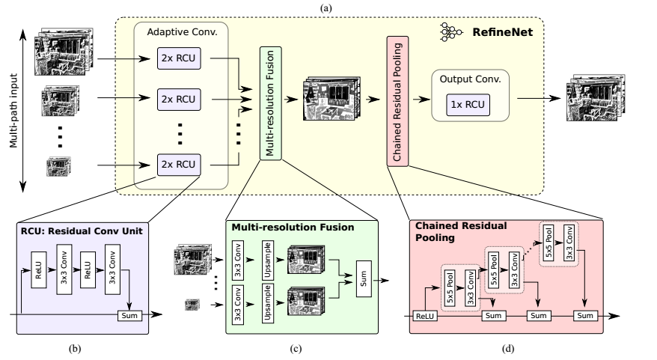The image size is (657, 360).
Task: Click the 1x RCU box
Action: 468,105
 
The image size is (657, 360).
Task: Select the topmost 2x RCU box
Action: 179,58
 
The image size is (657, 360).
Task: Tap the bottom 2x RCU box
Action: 179,165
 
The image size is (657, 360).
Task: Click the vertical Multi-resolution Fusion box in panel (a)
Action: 271,103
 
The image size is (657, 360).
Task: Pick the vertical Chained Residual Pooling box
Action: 397,101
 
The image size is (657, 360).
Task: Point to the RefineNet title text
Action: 502,32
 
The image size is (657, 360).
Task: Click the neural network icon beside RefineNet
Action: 451,32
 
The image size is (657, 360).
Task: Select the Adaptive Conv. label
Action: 183,32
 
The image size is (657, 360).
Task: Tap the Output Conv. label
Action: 470,79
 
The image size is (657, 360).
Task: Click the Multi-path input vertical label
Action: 13,111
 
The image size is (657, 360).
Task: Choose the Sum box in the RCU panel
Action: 129,316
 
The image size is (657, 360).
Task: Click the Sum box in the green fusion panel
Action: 364,278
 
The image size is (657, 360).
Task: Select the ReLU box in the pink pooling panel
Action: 425,316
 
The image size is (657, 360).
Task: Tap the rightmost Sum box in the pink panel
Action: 585,316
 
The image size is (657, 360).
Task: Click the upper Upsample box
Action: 268,260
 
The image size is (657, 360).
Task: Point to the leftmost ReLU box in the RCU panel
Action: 39,270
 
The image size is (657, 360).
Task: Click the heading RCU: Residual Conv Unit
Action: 82,231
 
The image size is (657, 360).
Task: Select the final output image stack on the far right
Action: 596,97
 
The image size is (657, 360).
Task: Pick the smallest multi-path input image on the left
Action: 58,166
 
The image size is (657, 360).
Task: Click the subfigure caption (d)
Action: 508,348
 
